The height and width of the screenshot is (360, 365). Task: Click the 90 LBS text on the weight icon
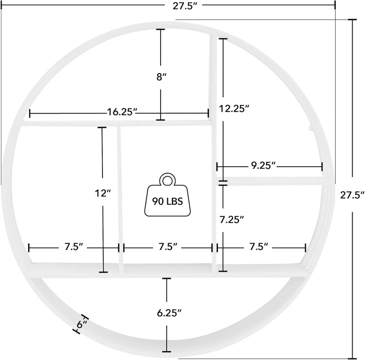(x=167, y=201)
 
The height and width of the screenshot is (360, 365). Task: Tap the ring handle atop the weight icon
(x=167, y=179)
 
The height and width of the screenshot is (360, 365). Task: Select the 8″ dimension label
(x=161, y=77)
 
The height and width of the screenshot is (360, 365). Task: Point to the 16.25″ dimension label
(x=121, y=112)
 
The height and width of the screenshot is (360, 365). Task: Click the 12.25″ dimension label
(x=234, y=109)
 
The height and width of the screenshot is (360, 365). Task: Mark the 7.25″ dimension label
(x=232, y=220)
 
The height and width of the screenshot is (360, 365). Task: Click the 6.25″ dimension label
(x=169, y=313)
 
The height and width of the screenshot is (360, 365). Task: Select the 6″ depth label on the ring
(x=81, y=324)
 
